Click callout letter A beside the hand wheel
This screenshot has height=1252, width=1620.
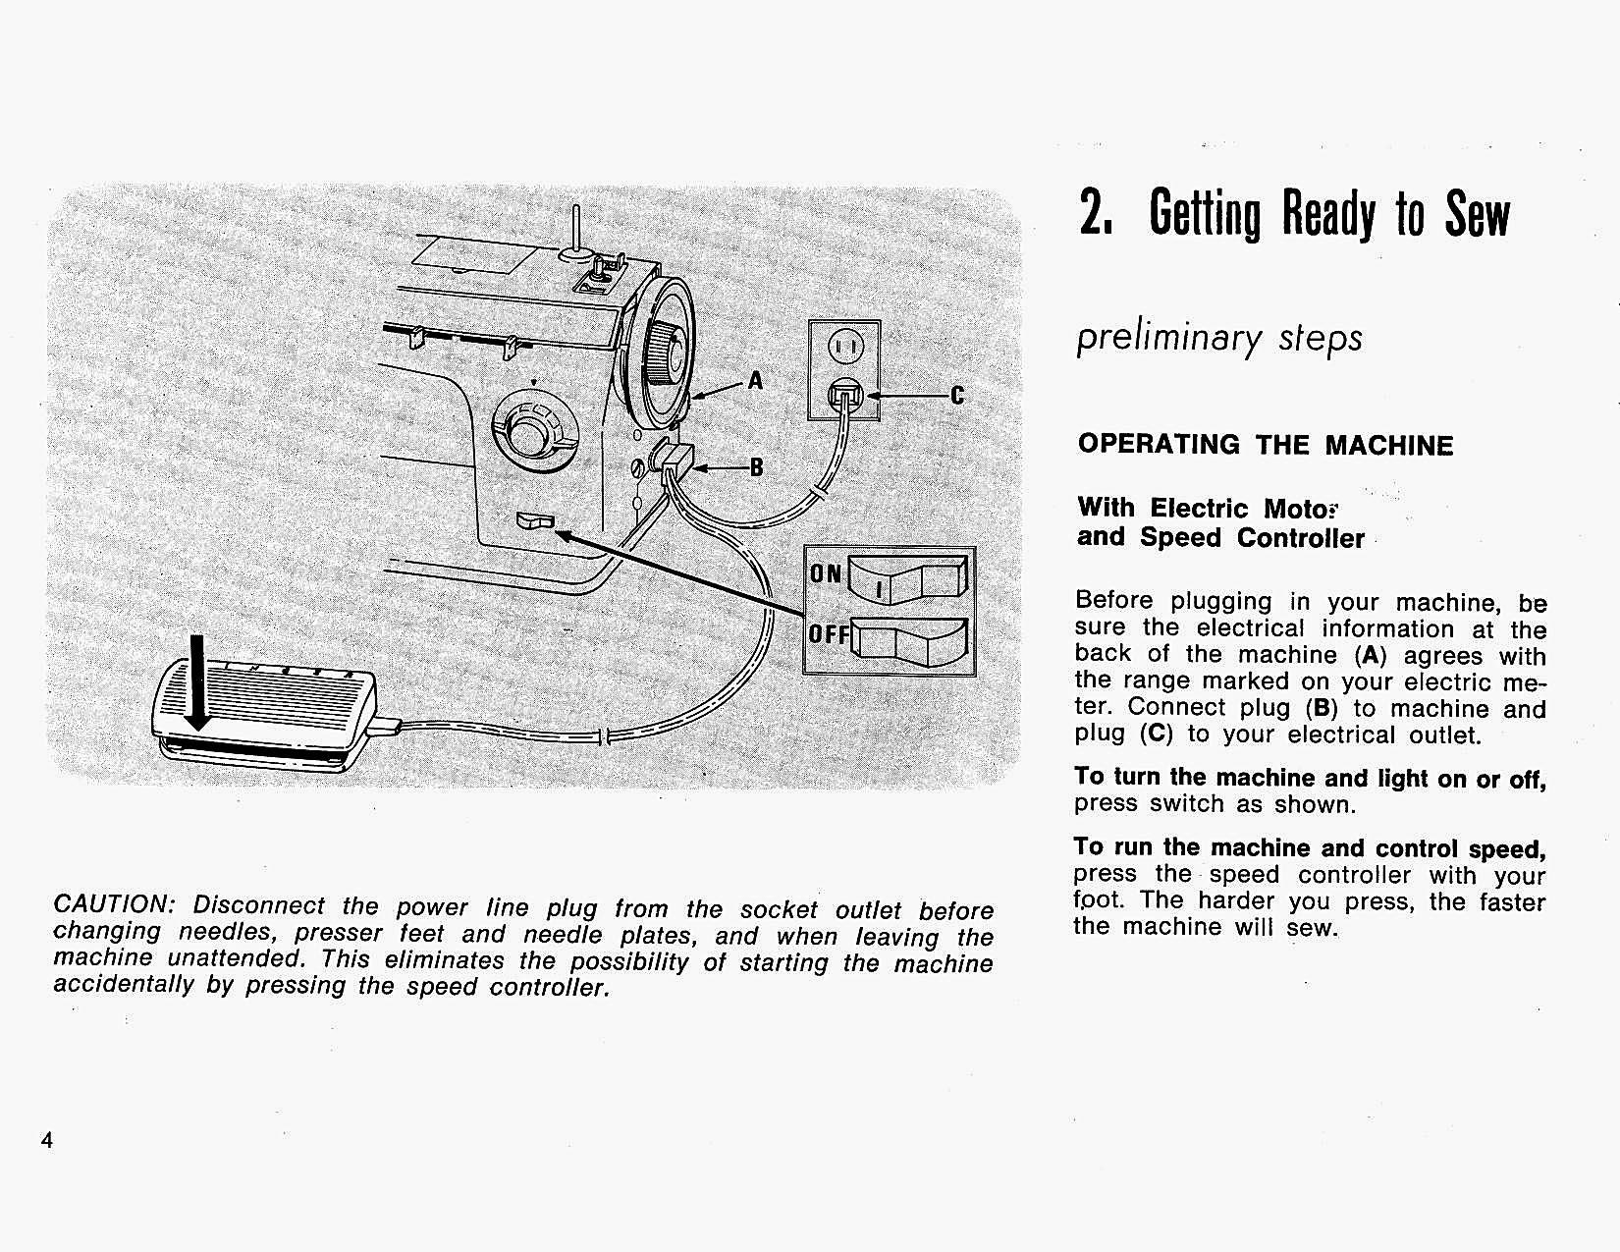755,380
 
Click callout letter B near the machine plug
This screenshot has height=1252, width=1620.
756,467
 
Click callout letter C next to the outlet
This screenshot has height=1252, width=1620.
957,396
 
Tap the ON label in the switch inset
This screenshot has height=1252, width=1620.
826,573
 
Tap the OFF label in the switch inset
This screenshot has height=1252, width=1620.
829,634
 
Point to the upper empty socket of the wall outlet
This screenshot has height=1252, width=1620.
845,346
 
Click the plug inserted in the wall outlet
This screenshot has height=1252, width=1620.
845,396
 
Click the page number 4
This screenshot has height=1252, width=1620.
46,1140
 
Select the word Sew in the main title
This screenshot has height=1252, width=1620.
1476,214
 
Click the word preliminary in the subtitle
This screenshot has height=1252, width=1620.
1167,338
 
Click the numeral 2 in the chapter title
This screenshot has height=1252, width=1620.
1091,214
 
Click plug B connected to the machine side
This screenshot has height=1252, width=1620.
676,461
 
